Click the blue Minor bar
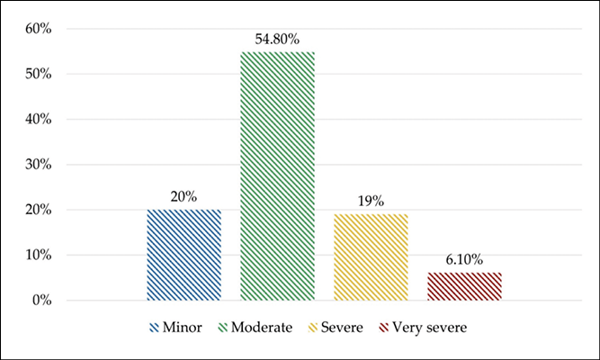(184, 255)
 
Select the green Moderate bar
(277, 176)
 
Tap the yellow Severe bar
(371, 257)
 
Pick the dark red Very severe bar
(464, 286)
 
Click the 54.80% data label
(277, 39)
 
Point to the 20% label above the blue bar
(184, 197)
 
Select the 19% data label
(371, 201)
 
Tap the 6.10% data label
(464, 260)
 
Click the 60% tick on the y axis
(39, 29)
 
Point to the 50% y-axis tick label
(39, 74)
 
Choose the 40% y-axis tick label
(39, 119)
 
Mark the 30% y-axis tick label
(39, 165)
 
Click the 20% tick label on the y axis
(39, 210)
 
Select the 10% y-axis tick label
(39, 255)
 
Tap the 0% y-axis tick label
(42, 301)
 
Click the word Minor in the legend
(182, 328)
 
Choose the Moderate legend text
(262, 328)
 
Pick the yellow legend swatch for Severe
(313, 328)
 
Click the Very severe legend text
(430, 328)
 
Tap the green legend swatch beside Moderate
(223, 328)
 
